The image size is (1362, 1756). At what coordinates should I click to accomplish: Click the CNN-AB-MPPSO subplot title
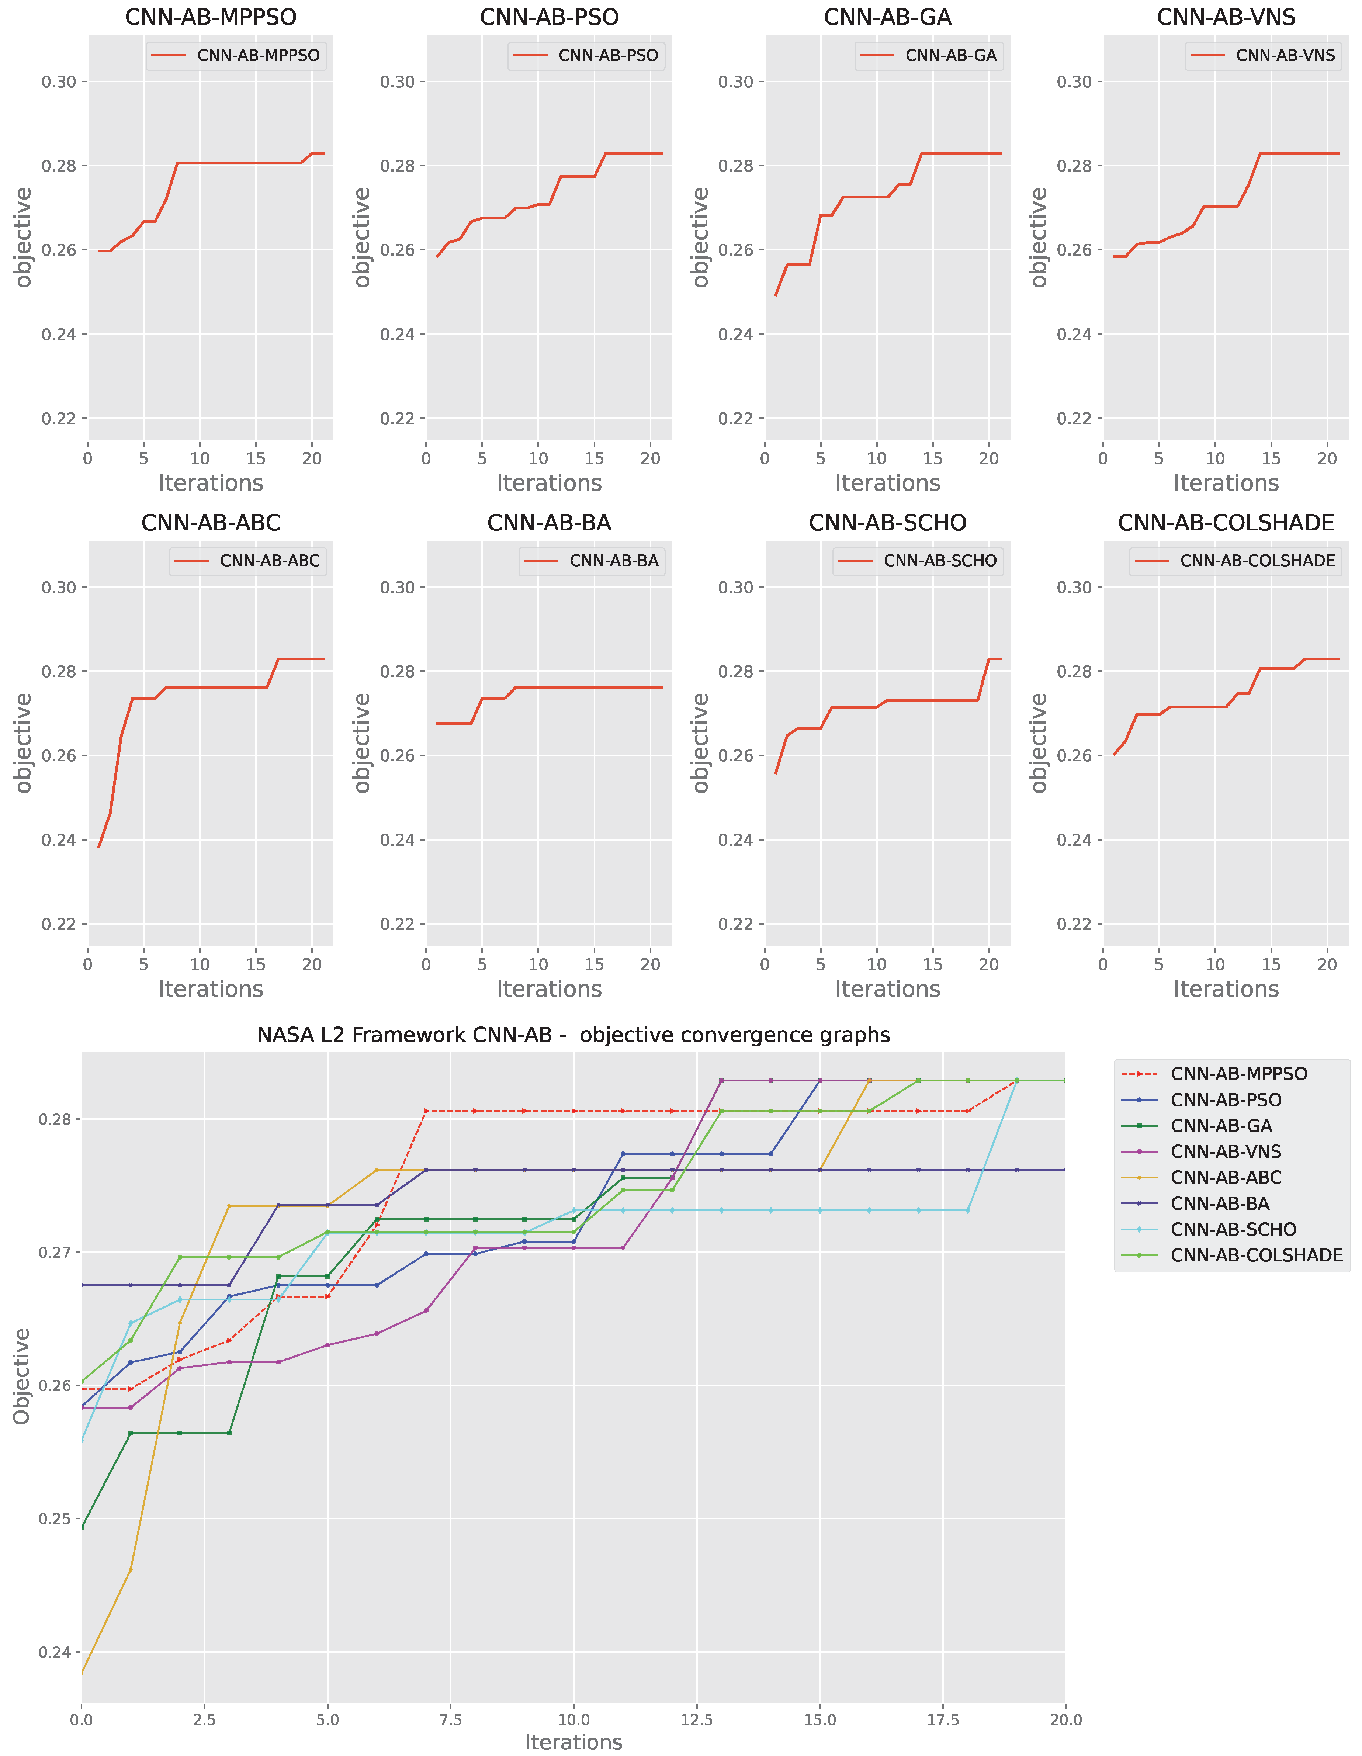tap(211, 17)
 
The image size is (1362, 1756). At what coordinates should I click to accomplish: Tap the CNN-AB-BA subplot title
tap(549, 523)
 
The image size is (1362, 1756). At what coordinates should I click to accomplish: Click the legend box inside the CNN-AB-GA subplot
tap(929, 55)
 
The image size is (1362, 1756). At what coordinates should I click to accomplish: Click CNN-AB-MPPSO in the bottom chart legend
tap(1238, 1073)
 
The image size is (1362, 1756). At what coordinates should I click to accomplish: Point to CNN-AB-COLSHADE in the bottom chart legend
tap(1256, 1255)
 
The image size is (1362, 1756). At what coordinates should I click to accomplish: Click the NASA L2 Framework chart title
tap(573, 1035)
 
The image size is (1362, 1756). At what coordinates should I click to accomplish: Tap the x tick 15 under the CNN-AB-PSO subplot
tap(594, 458)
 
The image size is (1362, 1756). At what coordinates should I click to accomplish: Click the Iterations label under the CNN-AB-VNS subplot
tap(1225, 483)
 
